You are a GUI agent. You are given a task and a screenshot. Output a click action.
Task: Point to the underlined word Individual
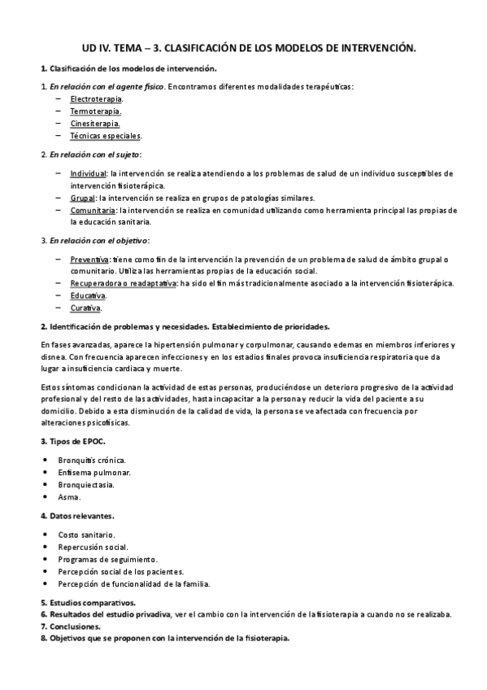(88, 173)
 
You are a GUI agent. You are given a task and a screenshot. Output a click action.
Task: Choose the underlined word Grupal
(82, 198)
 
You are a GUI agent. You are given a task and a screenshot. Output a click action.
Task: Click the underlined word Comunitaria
(92, 210)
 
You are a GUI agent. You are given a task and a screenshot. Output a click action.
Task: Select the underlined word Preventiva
(89, 259)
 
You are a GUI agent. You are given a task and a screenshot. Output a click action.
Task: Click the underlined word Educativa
(88, 295)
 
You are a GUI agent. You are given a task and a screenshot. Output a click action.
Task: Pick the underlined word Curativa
(85, 308)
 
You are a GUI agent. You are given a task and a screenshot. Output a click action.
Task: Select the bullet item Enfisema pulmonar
(94, 472)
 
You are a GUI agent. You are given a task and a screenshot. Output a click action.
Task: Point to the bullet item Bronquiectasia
(91, 484)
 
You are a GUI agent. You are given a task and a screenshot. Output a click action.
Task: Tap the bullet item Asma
(69, 496)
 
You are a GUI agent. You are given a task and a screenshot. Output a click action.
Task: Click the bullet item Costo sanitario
(86, 535)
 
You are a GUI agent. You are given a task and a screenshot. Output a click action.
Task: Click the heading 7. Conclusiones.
(71, 627)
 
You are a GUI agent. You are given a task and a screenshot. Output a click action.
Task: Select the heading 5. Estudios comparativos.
(88, 603)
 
